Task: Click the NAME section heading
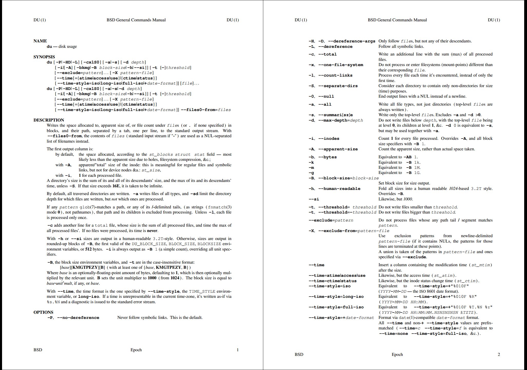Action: click(40, 41)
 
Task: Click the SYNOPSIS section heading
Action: click(44, 57)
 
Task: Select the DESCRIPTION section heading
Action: click(49, 120)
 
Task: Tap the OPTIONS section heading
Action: click(43, 312)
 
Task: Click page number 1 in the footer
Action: click(238, 350)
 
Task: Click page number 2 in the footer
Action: click(499, 355)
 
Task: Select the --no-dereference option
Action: click(78, 318)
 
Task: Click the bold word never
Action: click(152, 231)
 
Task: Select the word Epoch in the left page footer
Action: click(136, 350)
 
